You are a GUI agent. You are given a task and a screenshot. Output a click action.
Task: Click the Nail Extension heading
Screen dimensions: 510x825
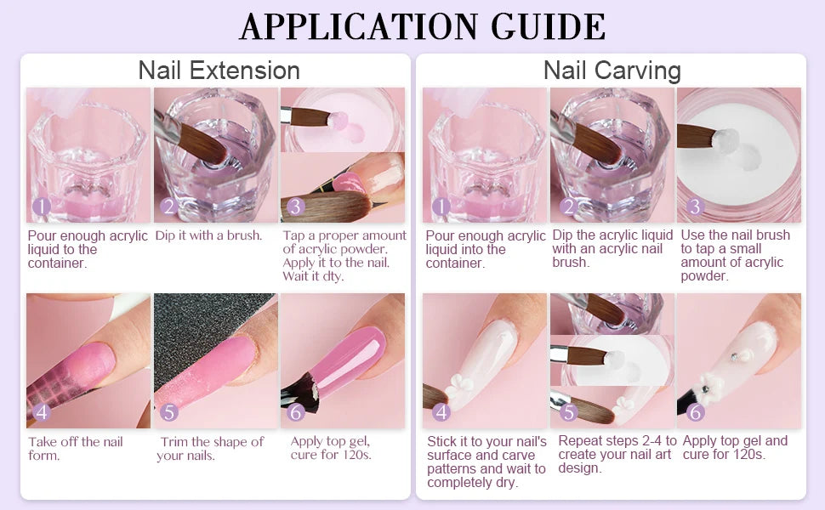pyautogui.click(x=219, y=70)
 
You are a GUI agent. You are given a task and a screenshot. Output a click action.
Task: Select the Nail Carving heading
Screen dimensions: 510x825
pyautogui.click(x=612, y=70)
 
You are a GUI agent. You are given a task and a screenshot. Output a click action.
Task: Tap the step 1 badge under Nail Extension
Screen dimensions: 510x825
pyautogui.click(x=41, y=207)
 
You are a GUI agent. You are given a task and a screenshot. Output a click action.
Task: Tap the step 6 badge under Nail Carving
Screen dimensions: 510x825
pyautogui.click(x=695, y=412)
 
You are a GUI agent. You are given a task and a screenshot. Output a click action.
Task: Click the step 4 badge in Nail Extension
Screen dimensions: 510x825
pyautogui.click(x=41, y=412)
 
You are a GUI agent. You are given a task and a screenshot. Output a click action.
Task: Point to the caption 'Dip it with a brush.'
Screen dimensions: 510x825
pyautogui.click(x=208, y=235)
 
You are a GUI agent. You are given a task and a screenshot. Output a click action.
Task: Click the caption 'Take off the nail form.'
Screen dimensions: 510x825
pyautogui.click(x=76, y=448)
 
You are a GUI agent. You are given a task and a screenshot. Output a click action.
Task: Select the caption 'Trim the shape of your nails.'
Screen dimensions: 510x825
pyautogui.click(x=210, y=448)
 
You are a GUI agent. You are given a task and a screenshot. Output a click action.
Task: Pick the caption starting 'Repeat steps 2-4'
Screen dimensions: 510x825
pyautogui.click(x=617, y=454)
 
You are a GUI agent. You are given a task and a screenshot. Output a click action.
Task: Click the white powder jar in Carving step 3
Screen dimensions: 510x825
pyautogui.click(x=738, y=153)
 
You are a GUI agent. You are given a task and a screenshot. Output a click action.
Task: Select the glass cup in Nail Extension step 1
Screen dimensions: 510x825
pyautogui.click(x=88, y=157)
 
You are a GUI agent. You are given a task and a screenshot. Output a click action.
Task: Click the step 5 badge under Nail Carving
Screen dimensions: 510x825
pyautogui.click(x=568, y=412)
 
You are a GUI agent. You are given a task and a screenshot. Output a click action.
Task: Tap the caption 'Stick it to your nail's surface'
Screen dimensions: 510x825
pyautogui.click(x=486, y=462)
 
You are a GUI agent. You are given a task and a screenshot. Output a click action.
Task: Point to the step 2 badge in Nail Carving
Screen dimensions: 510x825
pyautogui.click(x=568, y=207)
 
